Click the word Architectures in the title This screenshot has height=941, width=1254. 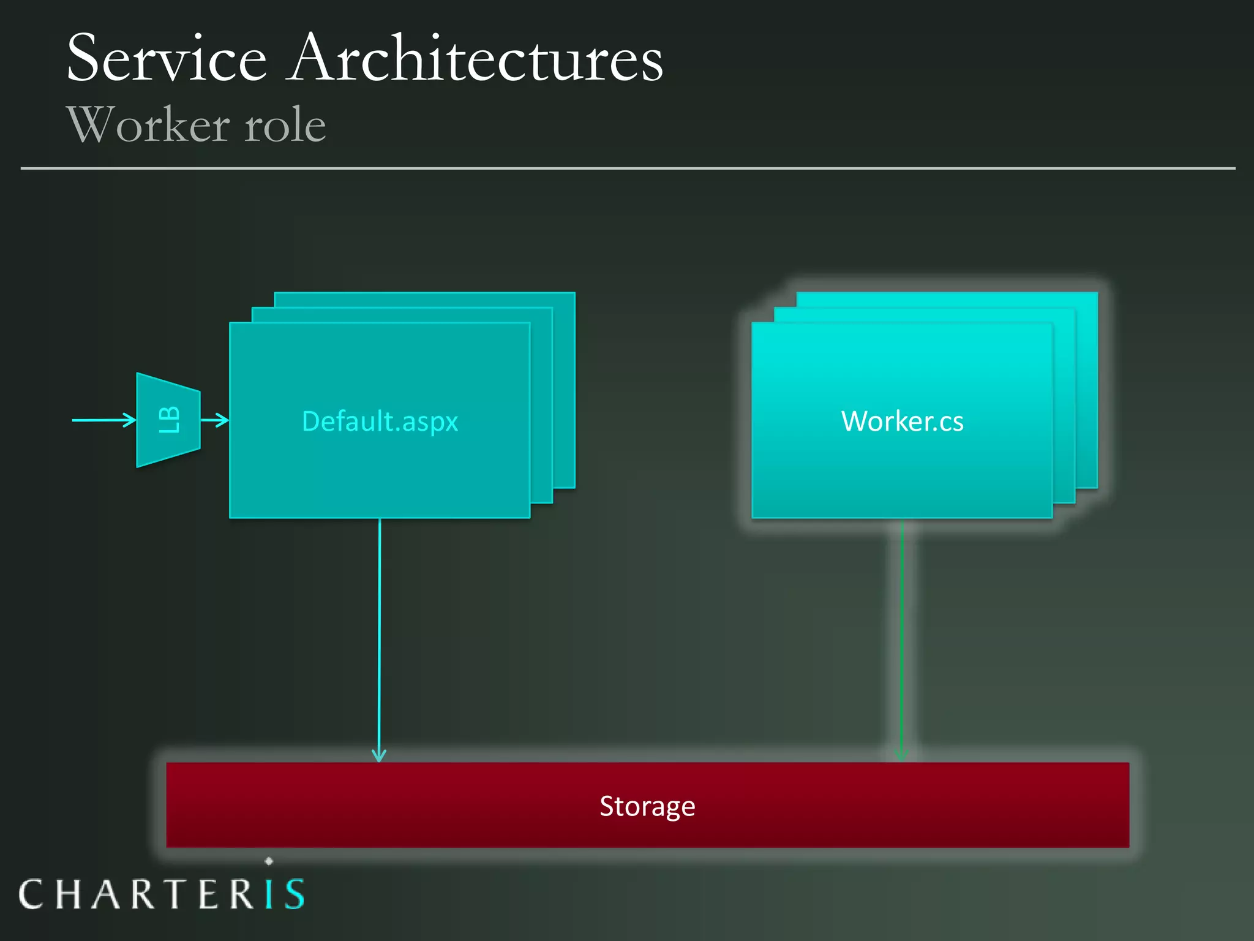(476, 58)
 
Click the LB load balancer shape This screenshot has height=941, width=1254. (168, 420)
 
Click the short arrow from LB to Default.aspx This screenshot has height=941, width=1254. (214, 420)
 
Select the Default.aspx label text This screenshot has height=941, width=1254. (380, 421)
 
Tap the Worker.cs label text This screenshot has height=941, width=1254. (902, 421)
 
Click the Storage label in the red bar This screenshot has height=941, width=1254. (647, 806)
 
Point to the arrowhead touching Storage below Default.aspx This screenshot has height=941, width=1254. (379, 755)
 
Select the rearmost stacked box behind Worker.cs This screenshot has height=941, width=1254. (1087, 368)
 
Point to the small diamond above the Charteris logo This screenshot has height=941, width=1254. (269, 861)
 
